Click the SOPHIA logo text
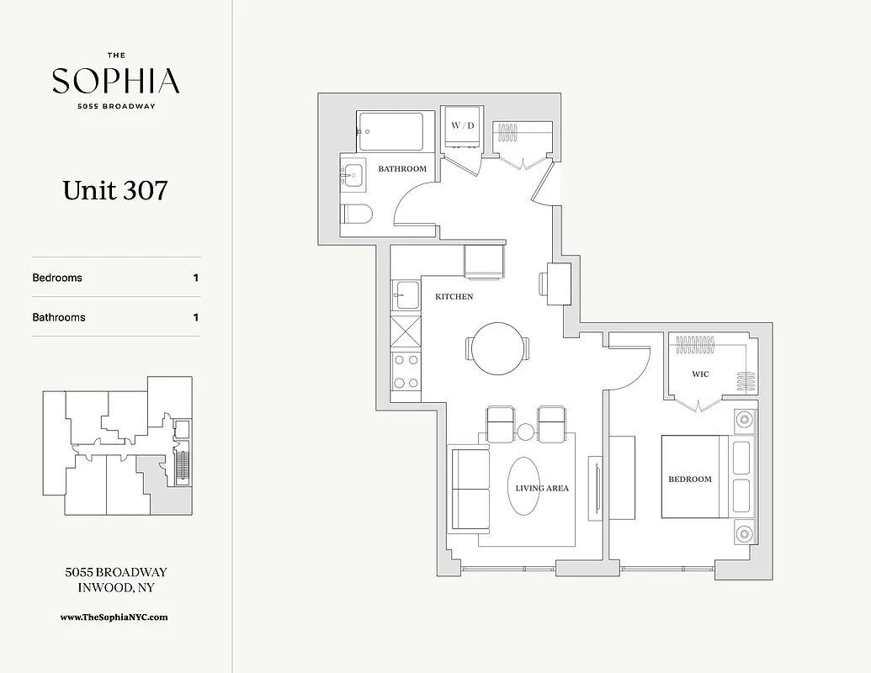tap(115, 81)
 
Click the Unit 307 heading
tap(115, 190)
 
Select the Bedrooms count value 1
tap(195, 278)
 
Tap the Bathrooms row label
tap(59, 317)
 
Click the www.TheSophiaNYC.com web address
tap(114, 617)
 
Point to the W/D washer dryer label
tap(462, 125)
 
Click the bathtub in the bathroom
tap(390, 131)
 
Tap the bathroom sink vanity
tap(352, 176)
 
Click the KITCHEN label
tap(454, 297)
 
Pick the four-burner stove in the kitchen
tap(406, 371)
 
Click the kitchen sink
tap(406, 295)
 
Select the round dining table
tap(497, 347)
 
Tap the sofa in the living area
tap(468, 490)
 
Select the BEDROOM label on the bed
tap(689, 479)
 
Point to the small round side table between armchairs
tap(526, 432)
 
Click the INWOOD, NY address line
tap(115, 588)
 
